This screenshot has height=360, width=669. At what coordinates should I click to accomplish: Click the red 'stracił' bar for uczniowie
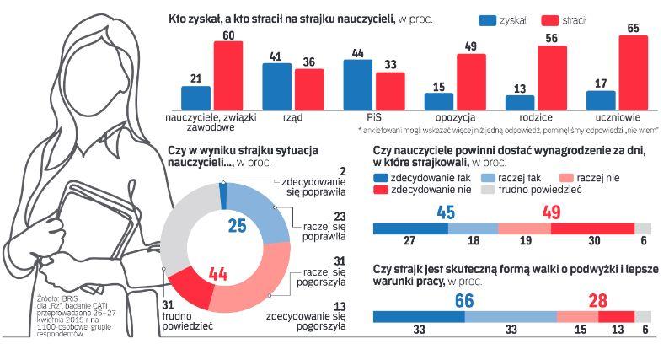634,72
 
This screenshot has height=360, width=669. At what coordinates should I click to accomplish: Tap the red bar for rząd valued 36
308,89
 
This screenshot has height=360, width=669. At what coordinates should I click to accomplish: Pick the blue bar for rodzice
520,101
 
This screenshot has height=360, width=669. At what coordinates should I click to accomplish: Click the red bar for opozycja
471,81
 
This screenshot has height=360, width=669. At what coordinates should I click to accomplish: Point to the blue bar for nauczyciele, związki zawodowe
195,97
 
